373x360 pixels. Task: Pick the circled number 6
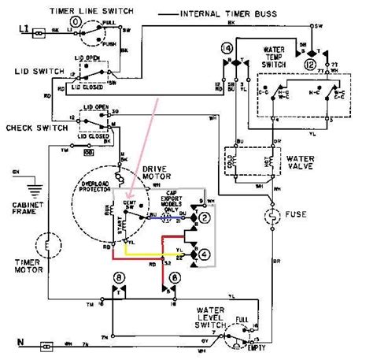coord(174,277)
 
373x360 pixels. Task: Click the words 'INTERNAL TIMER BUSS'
coord(249,14)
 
